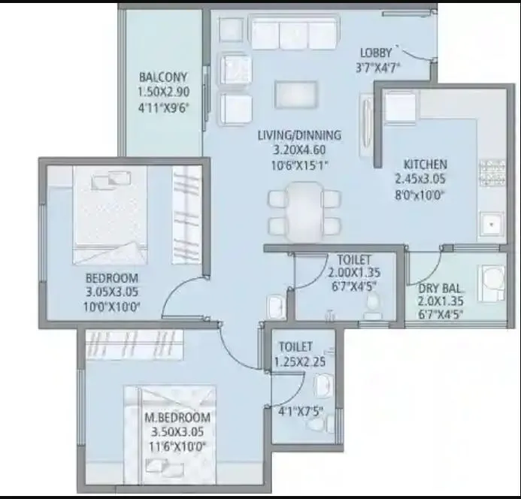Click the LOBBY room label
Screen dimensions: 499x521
tap(376, 53)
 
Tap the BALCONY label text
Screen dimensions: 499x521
tap(162, 77)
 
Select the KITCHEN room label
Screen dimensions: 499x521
tap(425, 165)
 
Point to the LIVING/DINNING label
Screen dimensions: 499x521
tap(299, 135)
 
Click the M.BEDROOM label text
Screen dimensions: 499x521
tap(179, 418)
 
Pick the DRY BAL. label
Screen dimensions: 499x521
tap(442, 288)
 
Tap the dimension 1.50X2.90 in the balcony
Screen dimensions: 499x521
tap(162, 92)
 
